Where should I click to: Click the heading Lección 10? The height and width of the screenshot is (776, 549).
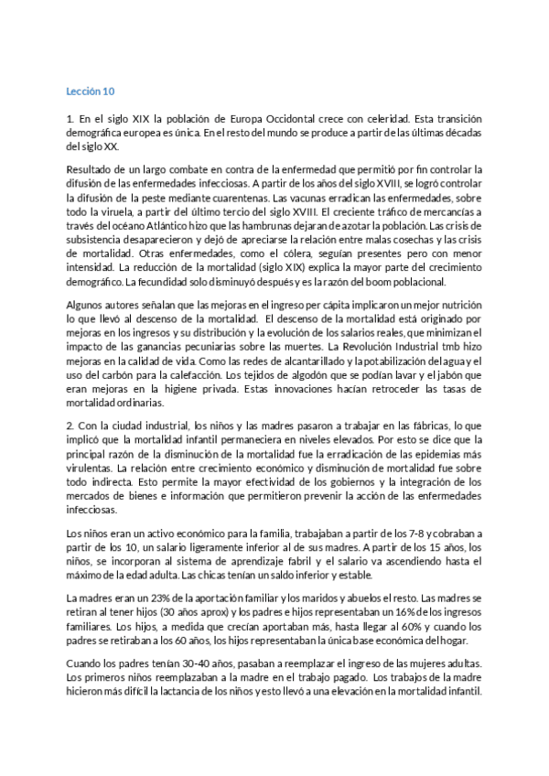click(x=90, y=92)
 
